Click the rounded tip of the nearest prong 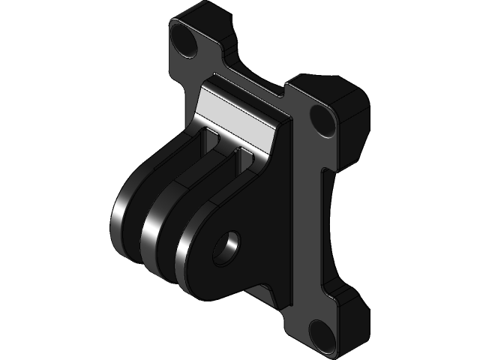point(184,259)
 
